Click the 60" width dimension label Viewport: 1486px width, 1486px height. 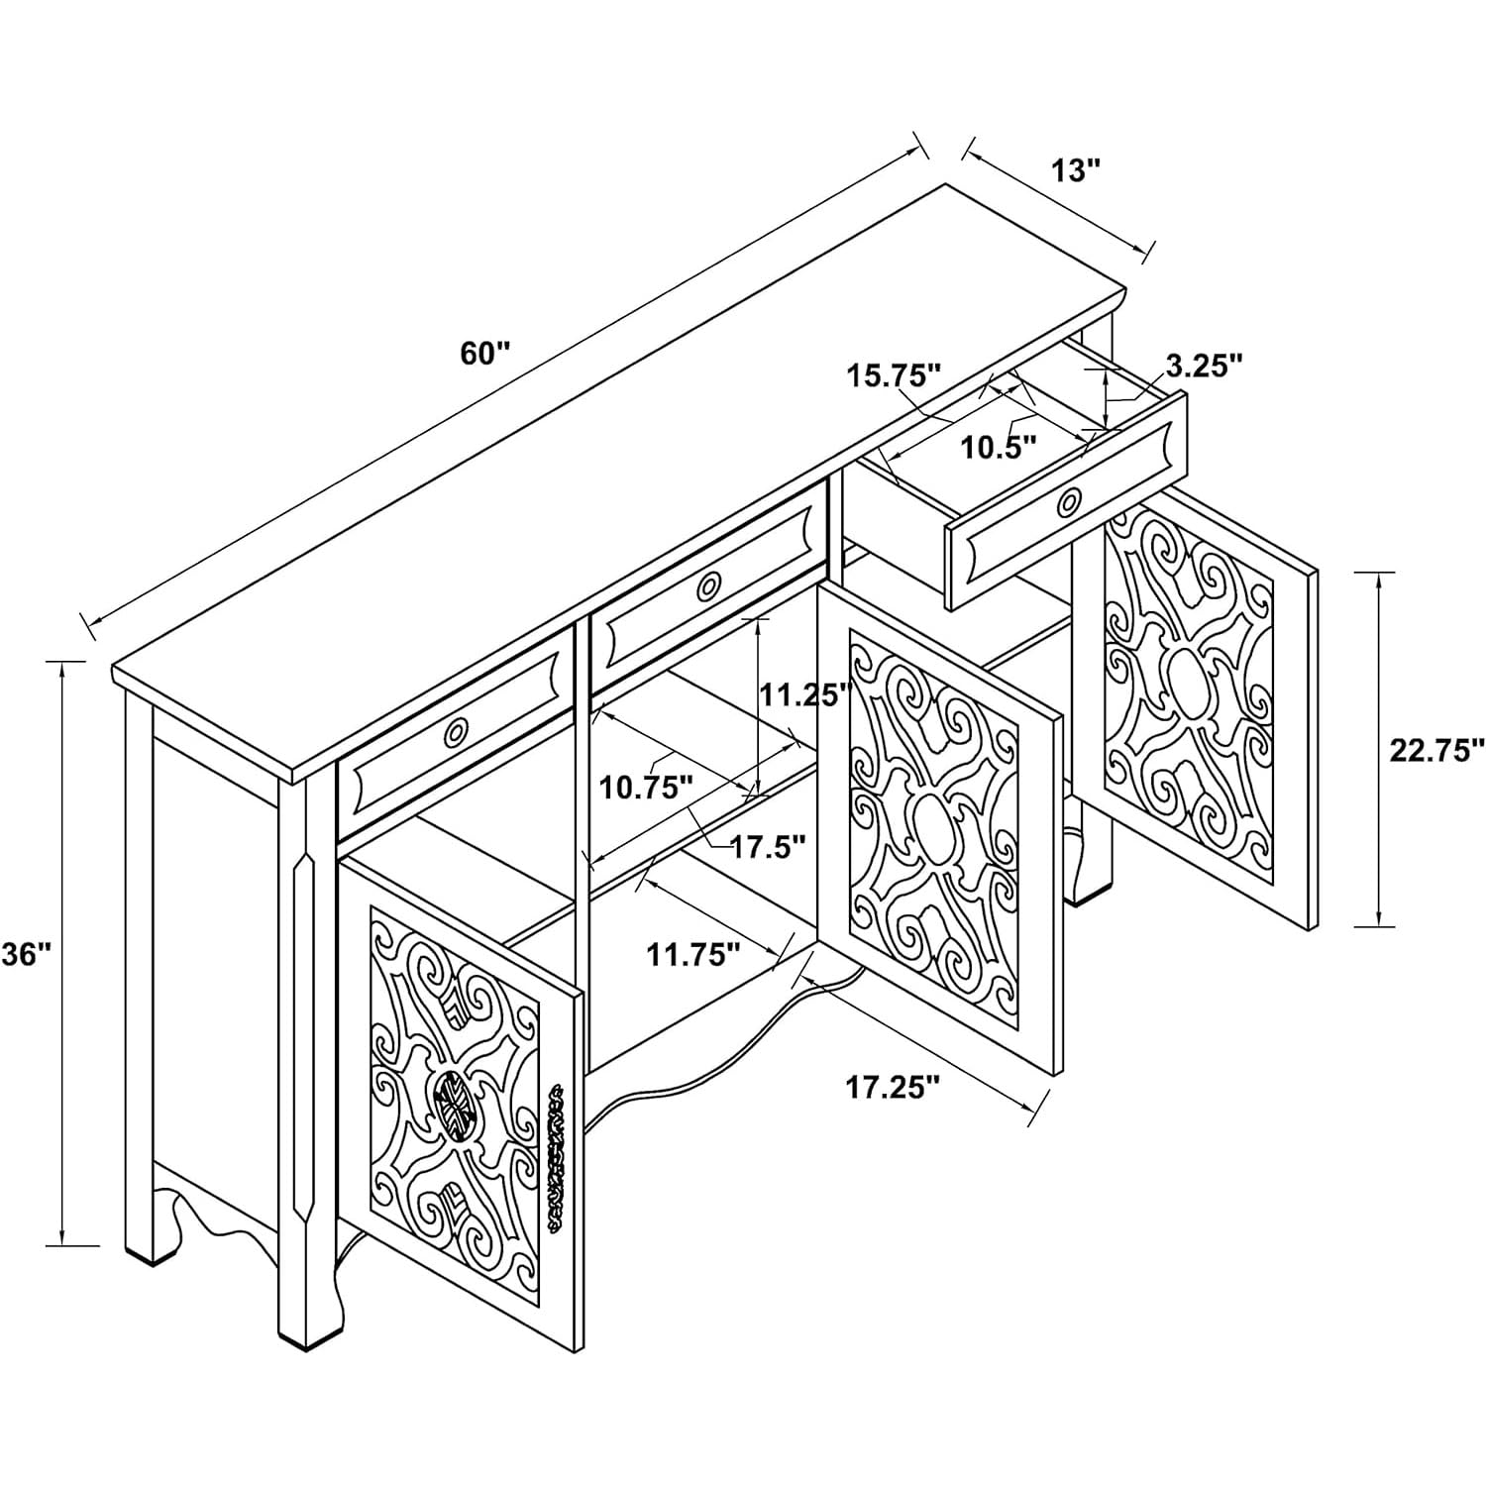484,353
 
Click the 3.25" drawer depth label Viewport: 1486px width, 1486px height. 1203,366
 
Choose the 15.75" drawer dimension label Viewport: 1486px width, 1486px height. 893,375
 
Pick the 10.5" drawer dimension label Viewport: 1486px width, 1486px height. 999,447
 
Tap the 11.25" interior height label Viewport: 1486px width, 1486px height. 805,693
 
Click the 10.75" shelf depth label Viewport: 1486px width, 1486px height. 645,788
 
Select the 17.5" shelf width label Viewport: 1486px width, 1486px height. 769,847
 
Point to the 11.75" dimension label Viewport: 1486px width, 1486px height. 693,954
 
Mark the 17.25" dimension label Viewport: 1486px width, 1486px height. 892,1087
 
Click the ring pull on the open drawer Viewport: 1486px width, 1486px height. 1069,502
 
